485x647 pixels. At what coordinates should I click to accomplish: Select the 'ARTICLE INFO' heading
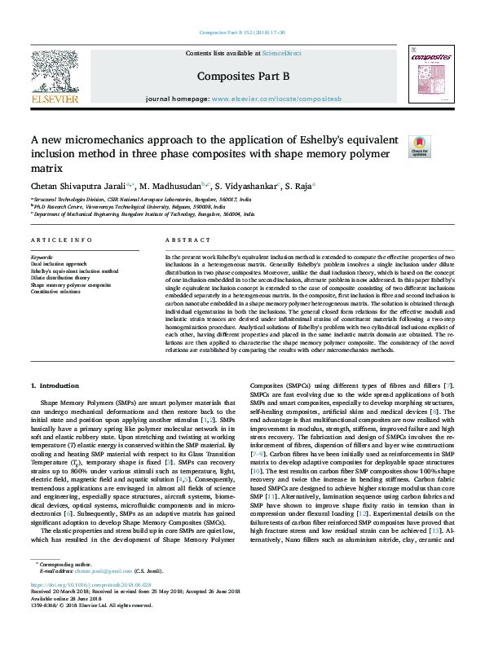tap(61, 240)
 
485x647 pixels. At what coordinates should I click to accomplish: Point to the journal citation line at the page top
tap(242, 33)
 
